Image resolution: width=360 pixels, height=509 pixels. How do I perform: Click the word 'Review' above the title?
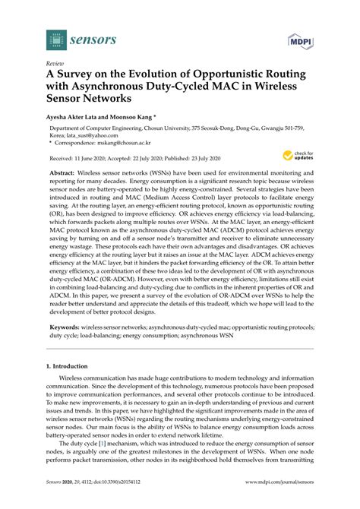click(x=55, y=64)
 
